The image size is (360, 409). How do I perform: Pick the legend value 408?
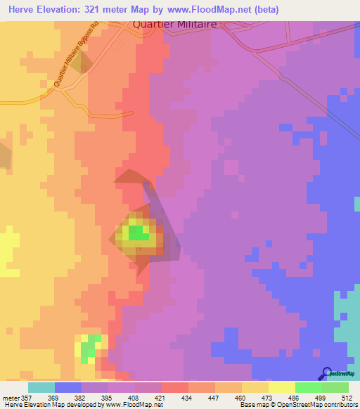pyautogui.click(x=134, y=397)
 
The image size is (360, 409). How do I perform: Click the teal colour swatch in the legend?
pyautogui.click(x=41, y=387)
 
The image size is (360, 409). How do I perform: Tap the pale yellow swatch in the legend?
pyautogui.click(x=281, y=387)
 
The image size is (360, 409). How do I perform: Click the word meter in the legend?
pyautogui.click(x=11, y=397)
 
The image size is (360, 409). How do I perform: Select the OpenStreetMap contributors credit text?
pyautogui.click(x=303, y=405)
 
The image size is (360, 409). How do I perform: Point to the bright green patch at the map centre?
pyautogui.click(x=139, y=233)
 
